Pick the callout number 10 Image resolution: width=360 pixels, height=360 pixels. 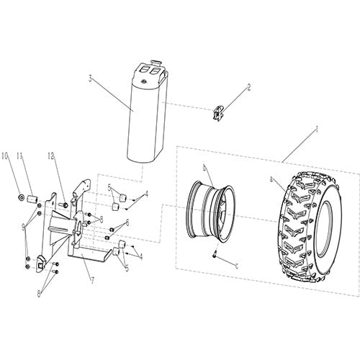(6, 156)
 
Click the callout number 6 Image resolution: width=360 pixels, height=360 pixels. (127, 224)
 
